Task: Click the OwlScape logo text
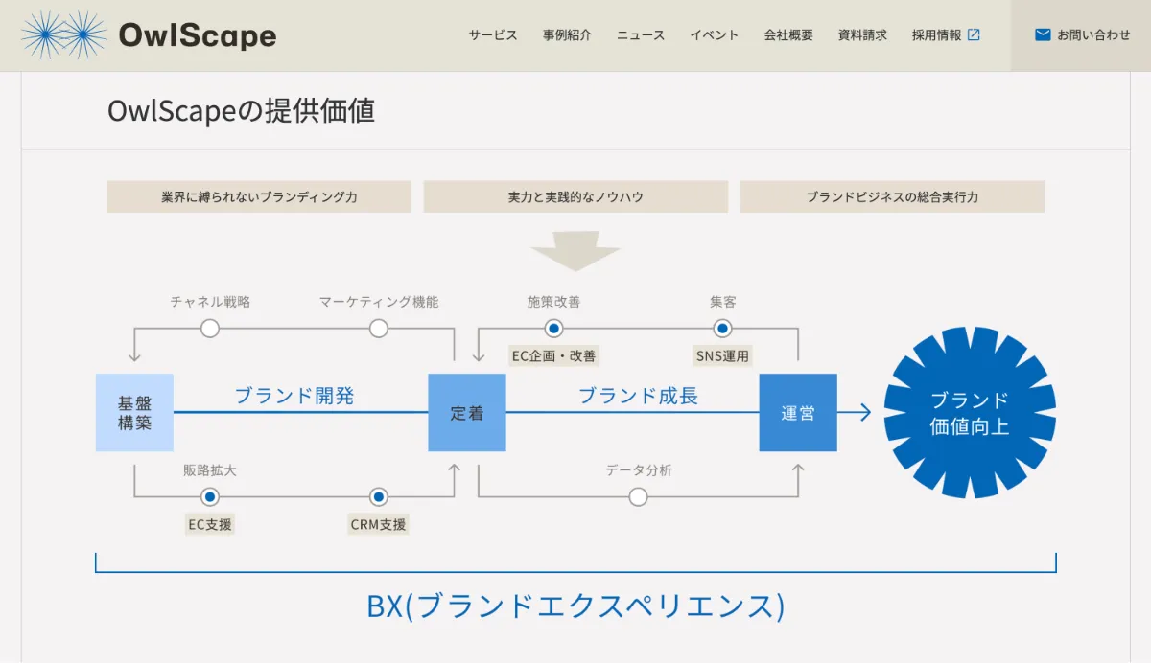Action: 197,35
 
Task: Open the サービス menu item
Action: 493,35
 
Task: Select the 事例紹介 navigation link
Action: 567,35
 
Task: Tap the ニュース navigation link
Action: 641,35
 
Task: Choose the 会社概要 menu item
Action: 788,35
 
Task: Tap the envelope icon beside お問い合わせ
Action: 1043,35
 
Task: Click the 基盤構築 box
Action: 134,412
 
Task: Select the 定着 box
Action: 466,412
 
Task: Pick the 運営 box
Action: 798,412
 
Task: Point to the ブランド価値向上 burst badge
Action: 969,412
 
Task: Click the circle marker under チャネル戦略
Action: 210,329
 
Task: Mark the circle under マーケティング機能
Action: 379,329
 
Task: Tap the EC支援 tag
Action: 210,524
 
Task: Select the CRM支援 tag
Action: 379,524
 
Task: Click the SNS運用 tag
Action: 722,355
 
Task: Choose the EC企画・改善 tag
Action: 553,355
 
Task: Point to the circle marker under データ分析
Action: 638,496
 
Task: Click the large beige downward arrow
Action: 575,250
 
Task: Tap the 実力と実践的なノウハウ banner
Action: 575,197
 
